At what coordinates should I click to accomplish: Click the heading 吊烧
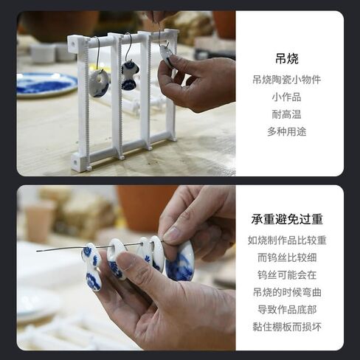(x=287, y=59)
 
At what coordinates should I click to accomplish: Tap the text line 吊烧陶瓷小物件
(x=287, y=80)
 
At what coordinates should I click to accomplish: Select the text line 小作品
(x=287, y=97)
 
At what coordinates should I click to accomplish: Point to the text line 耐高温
(x=287, y=114)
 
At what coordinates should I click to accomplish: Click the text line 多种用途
(x=287, y=132)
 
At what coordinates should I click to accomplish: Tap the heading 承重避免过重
(x=287, y=219)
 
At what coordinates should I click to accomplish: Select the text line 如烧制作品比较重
(x=287, y=240)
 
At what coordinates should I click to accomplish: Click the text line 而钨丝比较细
(x=287, y=257)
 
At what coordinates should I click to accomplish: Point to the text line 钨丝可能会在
(x=287, y=275)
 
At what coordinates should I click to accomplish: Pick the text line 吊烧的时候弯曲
(x=287, y=292)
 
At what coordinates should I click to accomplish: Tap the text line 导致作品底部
(x=287, y=310)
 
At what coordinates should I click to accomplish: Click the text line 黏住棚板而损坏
(x=287, y=327)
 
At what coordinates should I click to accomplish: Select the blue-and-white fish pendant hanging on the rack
(x=129, y=75)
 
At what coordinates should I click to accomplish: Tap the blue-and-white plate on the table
(x=46, y=84)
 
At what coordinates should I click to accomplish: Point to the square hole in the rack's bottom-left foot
(x=75, y=162)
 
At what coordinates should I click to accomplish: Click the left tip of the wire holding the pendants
(x=37, y=251)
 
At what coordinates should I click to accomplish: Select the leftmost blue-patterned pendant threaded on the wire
(x=91, y=267)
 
